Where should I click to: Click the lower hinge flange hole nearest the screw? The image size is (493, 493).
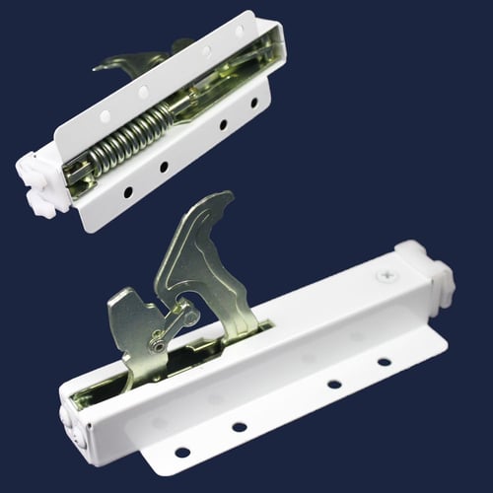tap(383, 362)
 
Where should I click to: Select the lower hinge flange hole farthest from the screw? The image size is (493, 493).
tap(181, 453)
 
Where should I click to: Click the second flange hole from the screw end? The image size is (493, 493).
tap(334, 385)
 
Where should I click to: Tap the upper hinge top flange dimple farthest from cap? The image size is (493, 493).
tap(236, 34)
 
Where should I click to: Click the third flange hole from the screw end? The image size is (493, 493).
tap(240, 427)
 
